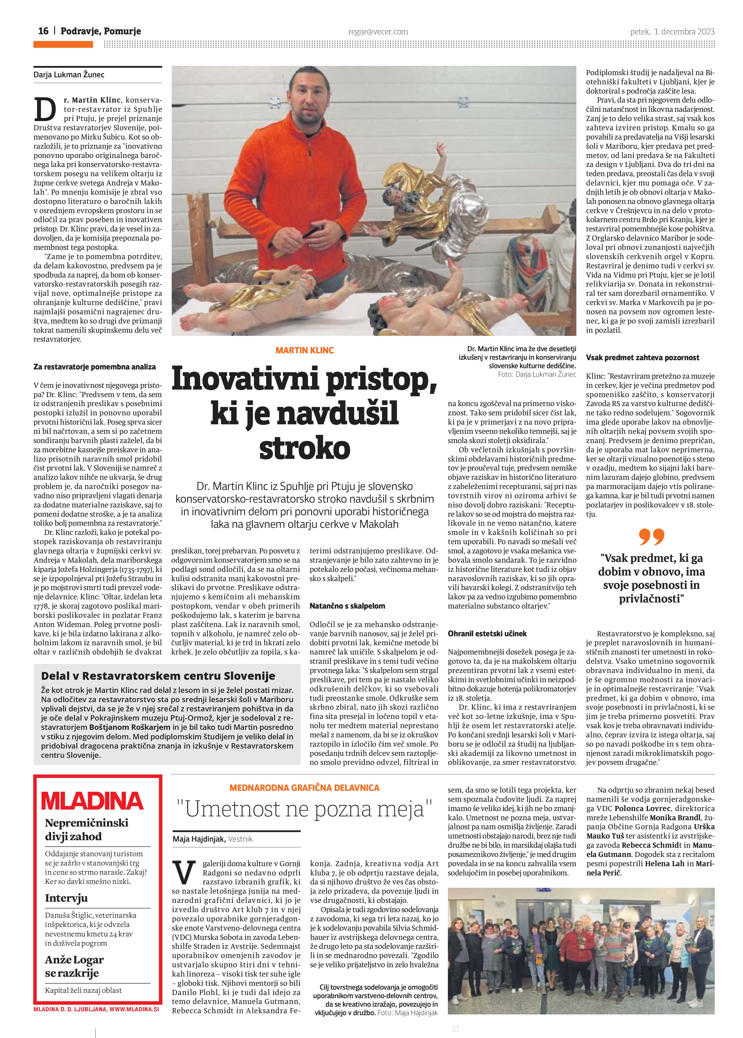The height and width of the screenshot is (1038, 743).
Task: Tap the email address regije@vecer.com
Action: [378, 32]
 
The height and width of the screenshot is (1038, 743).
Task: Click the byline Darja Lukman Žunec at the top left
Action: [69, 75]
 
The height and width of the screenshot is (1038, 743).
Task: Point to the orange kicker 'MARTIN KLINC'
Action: [305, 350]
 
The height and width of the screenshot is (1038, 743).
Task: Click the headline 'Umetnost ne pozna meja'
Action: [305, 809]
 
